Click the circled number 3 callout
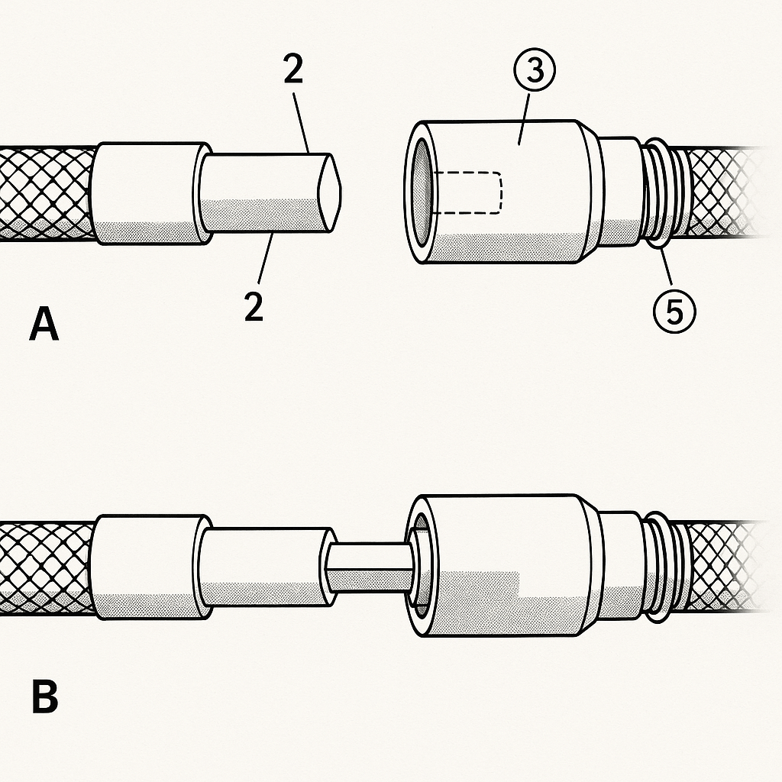[534, 69]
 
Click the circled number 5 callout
[674, 312]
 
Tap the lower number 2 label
[254, 305]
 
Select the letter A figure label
[44, 324]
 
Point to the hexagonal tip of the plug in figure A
[331, 192]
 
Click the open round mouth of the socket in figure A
[422, 192]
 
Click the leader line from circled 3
[525, 118]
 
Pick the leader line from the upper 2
[301, 123]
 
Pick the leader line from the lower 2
[266, 258]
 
